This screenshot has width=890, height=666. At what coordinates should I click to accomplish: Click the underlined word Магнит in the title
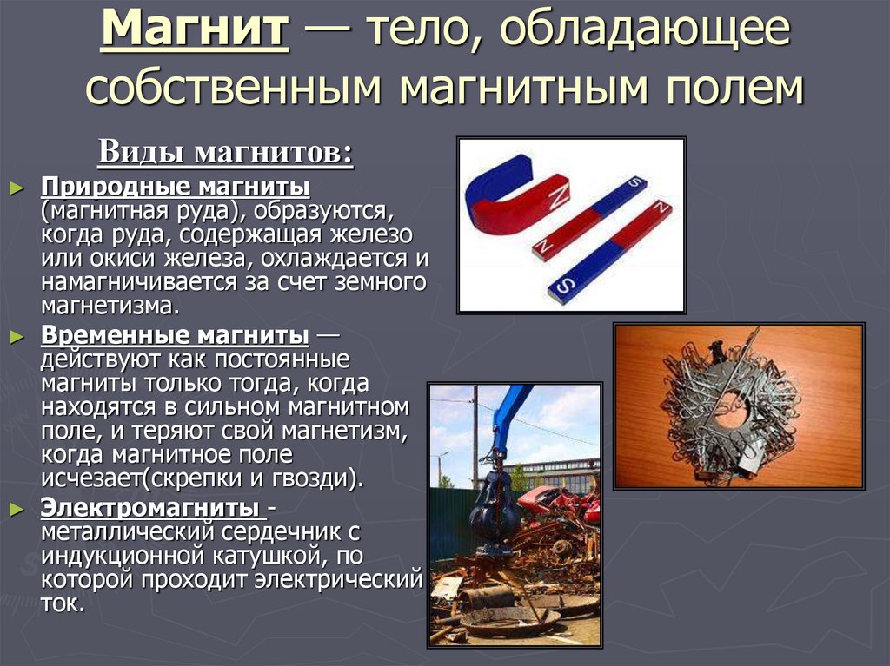coord(196,32)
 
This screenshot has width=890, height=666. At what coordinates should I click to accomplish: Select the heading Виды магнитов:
coord(225,152)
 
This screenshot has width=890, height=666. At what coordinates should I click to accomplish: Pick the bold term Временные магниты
coord(175,336)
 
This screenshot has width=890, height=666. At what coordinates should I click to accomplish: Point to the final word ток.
coord(62,603)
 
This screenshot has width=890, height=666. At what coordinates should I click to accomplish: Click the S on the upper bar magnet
coord(634,182)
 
